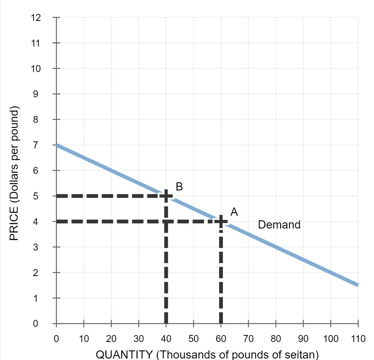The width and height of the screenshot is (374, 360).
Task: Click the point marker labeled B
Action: pos(166,196)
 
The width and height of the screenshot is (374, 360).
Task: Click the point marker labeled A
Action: pos(221,221)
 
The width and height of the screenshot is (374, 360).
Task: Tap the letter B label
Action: pos(179,186)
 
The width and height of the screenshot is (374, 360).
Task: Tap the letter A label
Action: pos(234,212)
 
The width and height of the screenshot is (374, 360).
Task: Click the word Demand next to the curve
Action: pos(279,225)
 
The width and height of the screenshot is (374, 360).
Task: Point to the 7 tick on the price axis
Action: pos(35,145)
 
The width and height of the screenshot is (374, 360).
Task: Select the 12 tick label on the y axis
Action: pos(35,18)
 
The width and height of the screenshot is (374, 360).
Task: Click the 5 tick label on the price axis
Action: pos(35,196)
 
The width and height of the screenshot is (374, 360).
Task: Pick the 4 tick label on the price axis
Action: pos(35,222)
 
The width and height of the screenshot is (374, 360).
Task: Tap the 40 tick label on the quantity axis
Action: pos(166,339)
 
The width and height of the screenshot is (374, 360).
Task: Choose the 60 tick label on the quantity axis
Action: pos(221,339)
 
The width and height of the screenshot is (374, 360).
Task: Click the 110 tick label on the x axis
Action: pos(358,339)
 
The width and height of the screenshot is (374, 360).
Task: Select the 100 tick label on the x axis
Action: pos(331,339)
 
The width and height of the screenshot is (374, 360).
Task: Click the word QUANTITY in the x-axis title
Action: pos(124,354)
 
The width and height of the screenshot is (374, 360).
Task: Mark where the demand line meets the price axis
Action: pos(57,145)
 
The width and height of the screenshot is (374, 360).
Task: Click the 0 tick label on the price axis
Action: pos(35,323)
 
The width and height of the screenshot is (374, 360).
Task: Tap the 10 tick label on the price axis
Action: pos(35,69)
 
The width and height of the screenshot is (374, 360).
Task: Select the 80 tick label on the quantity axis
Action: pos(276,339)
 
